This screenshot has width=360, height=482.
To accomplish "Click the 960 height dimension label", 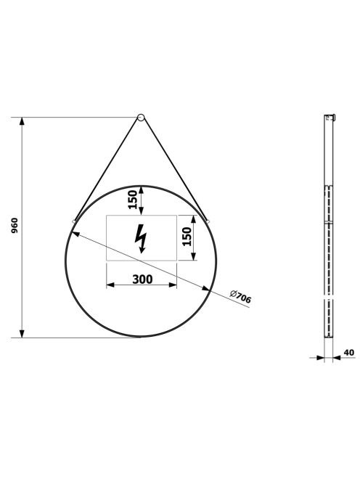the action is [15, 226].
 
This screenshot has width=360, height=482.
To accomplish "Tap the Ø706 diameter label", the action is [240, 297].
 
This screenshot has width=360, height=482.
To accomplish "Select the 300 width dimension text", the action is [142, 279].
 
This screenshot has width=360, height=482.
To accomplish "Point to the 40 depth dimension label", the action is [349, 352].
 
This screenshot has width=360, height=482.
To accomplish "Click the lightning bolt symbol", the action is [141, 239].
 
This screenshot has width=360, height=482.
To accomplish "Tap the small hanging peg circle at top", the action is [141, 117].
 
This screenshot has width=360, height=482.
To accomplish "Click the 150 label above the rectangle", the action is [133, 200].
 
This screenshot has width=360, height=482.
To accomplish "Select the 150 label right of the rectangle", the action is [187, 237].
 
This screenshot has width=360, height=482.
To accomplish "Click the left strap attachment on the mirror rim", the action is [73, 221].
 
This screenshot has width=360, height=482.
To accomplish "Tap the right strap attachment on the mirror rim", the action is [208, 221].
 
